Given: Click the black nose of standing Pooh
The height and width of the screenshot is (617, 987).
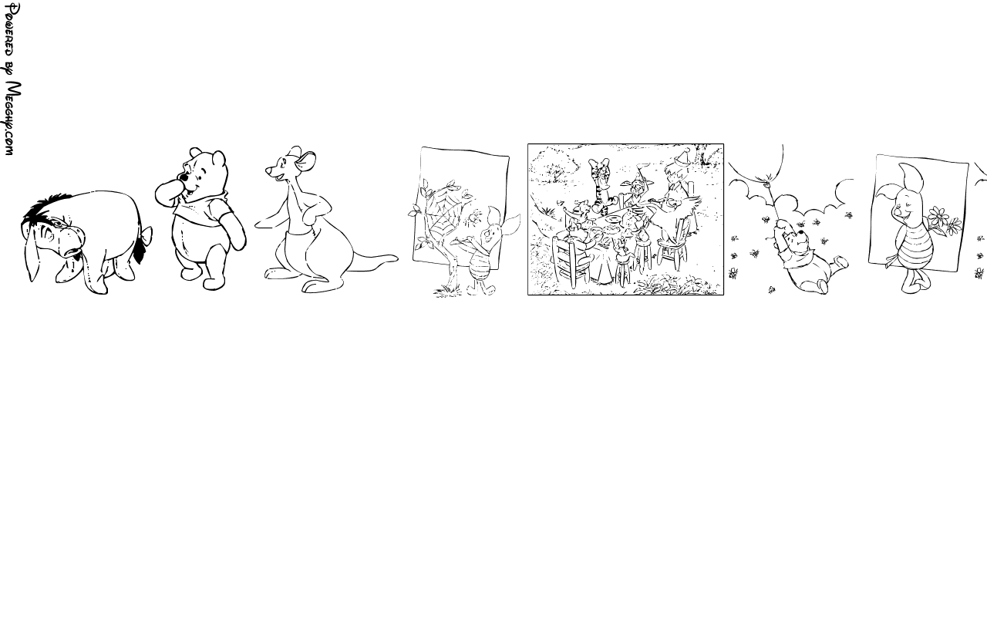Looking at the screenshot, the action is coord(184,177).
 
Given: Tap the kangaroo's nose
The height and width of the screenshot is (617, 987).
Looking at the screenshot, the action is coord(267,170).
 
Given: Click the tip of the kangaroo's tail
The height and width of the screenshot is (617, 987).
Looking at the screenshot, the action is coord(396,258).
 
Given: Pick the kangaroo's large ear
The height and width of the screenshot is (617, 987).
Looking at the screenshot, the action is coord(306,161).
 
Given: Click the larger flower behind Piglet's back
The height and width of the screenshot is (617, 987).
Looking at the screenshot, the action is coord(938,217).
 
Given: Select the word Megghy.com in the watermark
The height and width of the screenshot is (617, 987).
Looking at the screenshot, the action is coord(12,119).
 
